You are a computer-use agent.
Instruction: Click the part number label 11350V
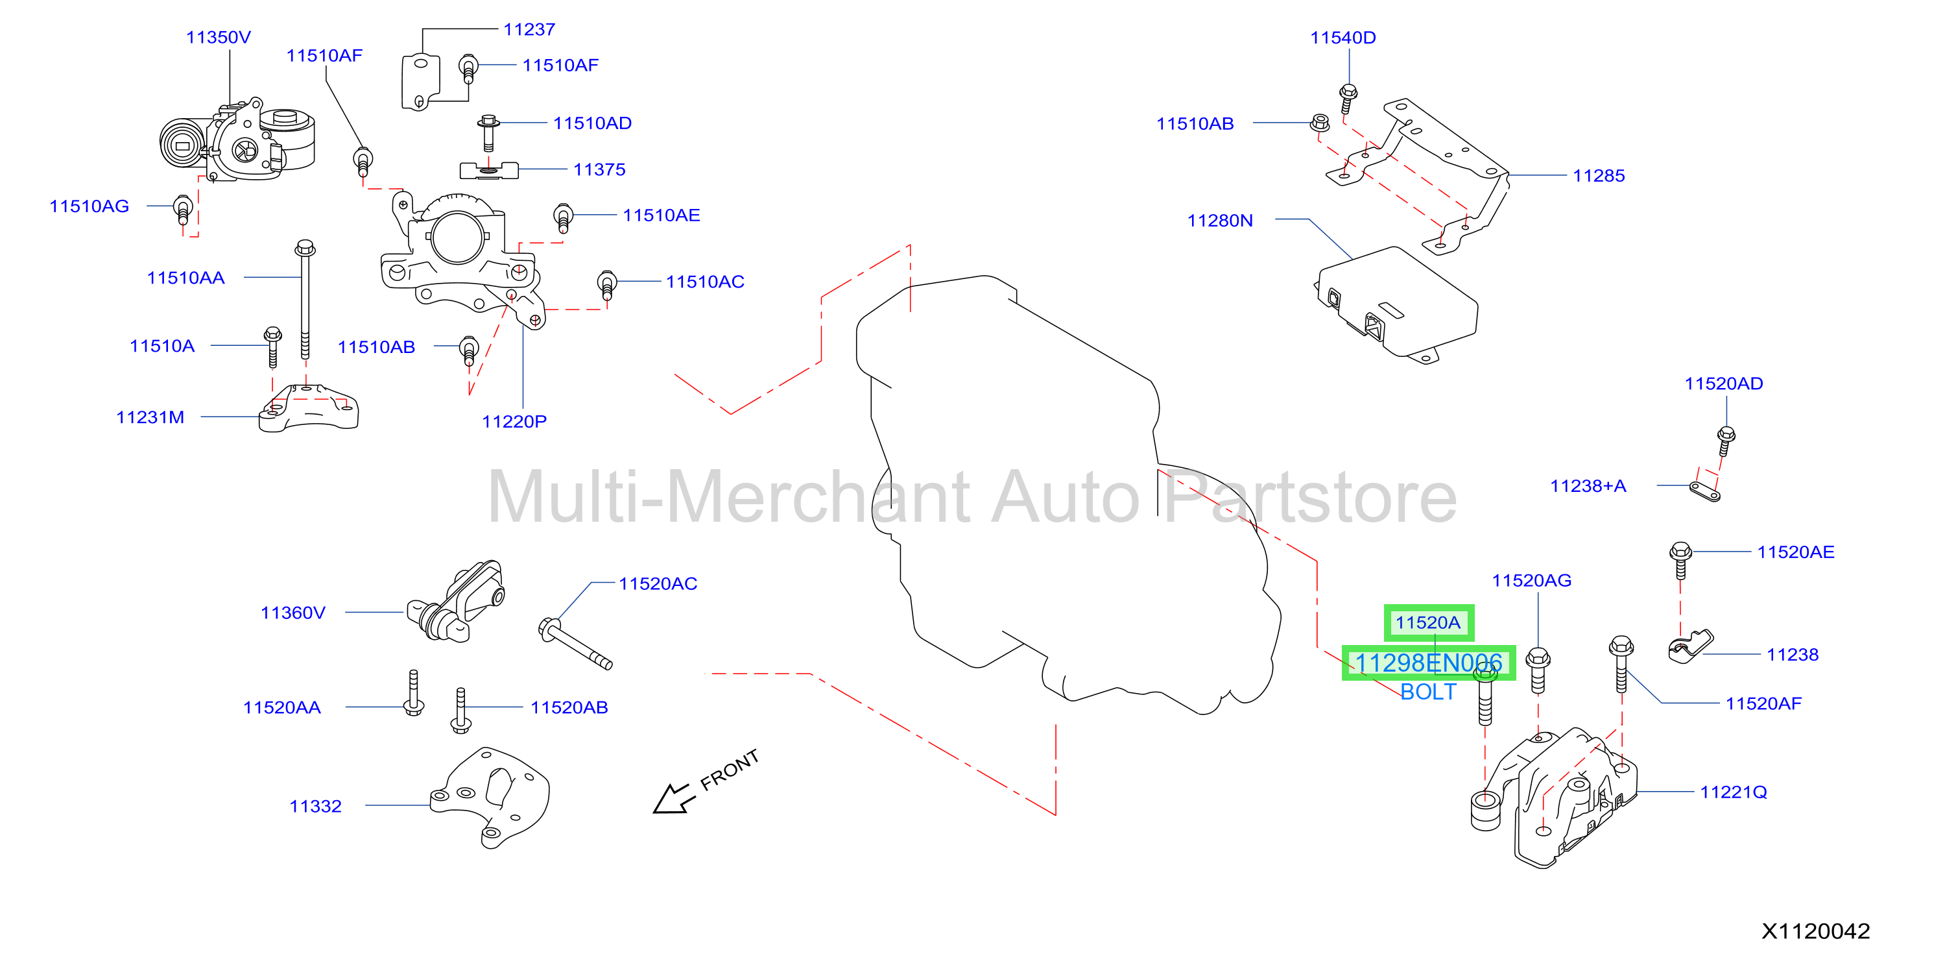coord(218,37)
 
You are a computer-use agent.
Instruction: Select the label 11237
coord(529,29)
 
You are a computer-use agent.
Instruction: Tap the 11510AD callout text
coord(592,123)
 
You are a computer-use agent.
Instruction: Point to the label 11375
coord(599,169)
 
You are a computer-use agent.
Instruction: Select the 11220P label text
coord(514,421)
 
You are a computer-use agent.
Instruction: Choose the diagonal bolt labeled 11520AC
coord(575,644)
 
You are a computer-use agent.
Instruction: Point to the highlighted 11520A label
coord(1428,622)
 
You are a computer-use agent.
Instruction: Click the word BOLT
coord(1428,692)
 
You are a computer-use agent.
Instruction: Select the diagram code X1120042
coord(1816,931)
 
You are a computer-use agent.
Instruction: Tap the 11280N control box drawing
coord(1396,304)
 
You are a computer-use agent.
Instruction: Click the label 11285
coord(1599,176)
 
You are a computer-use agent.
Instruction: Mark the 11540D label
coord(1342,38)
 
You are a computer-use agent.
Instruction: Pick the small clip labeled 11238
coord(1689,647)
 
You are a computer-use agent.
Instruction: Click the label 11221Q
coord(1734,792)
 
